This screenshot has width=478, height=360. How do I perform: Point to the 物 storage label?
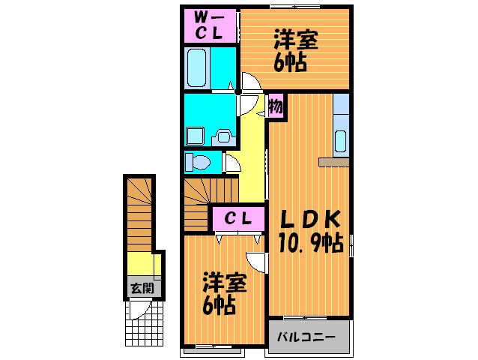(x=275, y=106)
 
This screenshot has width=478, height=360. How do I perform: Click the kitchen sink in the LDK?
(x=341, y=140)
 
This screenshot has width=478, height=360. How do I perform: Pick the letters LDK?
(x=311, y=219)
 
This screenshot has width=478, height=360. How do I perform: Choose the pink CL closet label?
(x=238, y=219)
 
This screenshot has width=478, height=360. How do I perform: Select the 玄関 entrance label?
(x=139, y=287)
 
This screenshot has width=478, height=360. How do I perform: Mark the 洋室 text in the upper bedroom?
(x=295, y=39)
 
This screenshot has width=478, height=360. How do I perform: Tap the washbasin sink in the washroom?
(x=224, y=136)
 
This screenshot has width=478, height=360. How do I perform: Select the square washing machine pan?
(x=196, y=136)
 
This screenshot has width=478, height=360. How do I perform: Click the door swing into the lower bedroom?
(x=257, y=262)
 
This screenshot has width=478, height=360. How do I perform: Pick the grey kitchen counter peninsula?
(x=333, y=161)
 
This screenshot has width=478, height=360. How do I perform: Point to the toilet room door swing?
(x=232, y=160)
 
